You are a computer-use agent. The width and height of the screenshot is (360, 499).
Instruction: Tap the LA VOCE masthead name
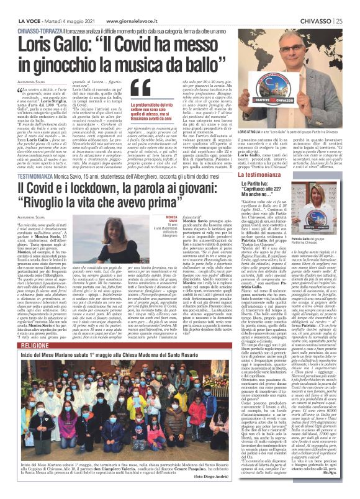(28, 6)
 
